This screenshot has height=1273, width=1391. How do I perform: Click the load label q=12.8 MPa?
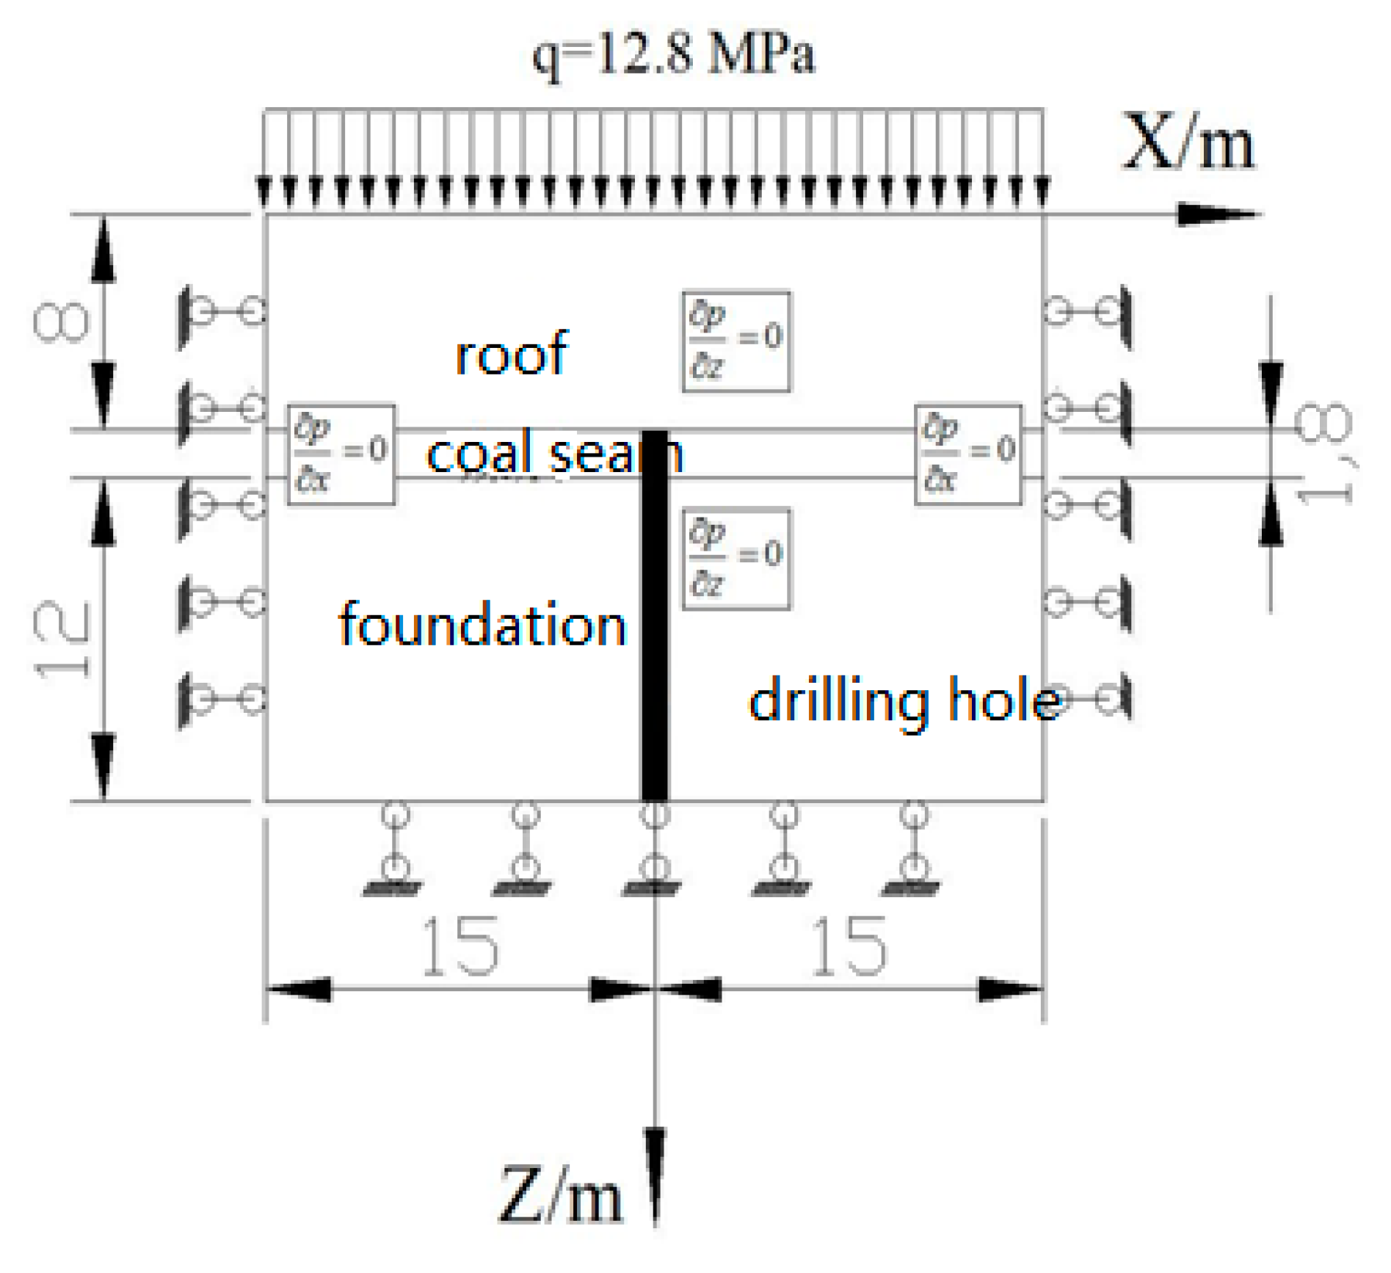(672, 55)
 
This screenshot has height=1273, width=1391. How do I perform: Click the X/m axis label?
(1188, 143)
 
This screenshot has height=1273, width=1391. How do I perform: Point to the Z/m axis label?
(559, 1195)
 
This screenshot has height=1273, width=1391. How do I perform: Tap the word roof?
(511, 354)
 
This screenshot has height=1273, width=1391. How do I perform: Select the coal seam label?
(554, 454)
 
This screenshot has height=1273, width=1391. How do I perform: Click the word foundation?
(482, 624)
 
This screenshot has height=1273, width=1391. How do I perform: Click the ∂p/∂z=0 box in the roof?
(736, 341)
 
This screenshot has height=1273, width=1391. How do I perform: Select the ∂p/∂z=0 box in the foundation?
(736, 558)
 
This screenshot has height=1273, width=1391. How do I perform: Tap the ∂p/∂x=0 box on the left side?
(341, 454)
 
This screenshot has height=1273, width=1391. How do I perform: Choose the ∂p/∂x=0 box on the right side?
(967, 454)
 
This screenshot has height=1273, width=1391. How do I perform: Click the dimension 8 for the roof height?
(62, 322)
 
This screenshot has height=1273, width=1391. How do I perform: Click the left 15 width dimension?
(460, 947)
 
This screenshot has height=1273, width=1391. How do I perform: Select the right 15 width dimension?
(849, 947)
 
